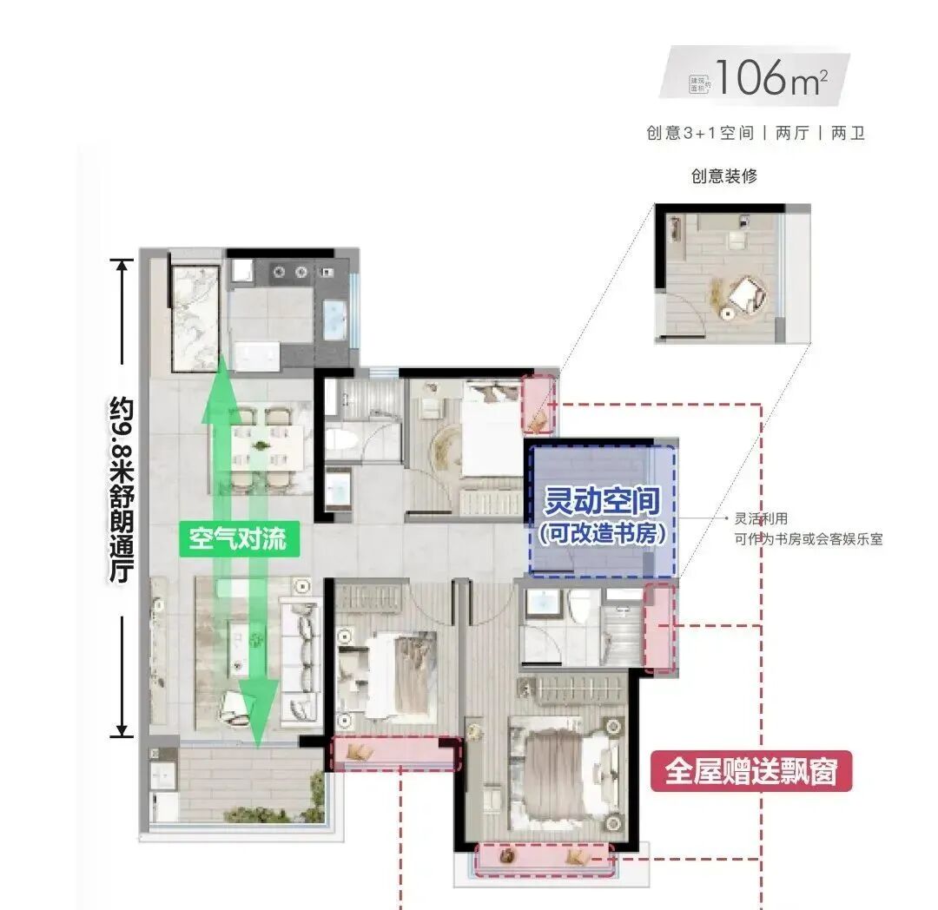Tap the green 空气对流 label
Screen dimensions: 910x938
click(237, 539)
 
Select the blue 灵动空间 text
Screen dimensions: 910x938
click(602, 501)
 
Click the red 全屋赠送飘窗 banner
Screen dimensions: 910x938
click(751, 771)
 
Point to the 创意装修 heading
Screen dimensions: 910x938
click(723, 175)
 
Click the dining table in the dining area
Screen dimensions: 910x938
click(261, 448)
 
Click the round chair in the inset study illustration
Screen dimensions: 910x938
click(745, 296)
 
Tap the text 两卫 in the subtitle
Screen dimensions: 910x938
click(848, 134)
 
